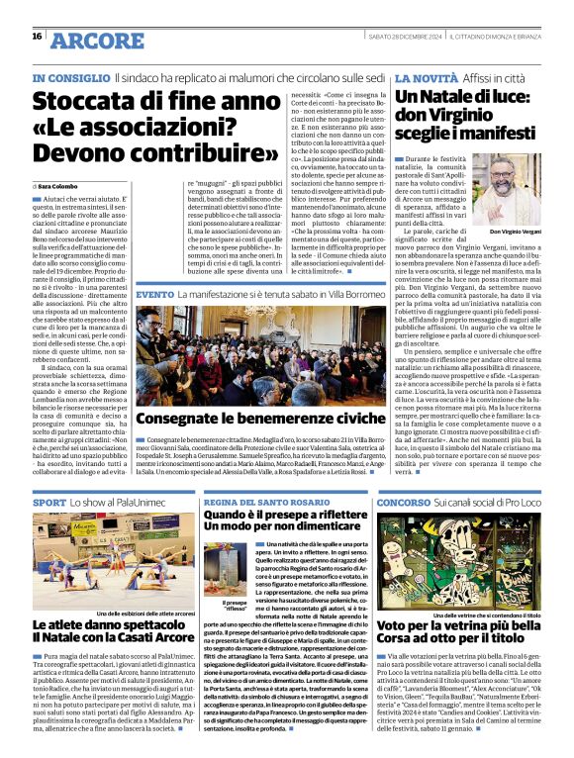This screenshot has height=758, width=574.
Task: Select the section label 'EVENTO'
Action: (155, 295)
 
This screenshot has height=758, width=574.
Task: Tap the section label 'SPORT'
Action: (50, 504)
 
